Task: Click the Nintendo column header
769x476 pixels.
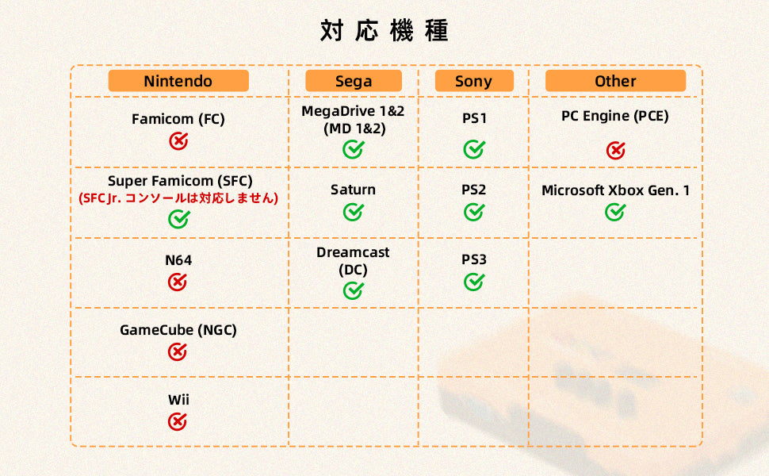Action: (178, 80)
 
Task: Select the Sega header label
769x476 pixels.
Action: (354, 80)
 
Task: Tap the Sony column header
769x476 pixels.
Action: (474, 80)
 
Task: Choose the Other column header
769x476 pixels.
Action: (615, 80)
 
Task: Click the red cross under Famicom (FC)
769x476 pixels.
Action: (178, 141)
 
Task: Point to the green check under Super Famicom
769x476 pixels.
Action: (179, 219)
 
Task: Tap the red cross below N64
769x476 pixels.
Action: (178, 282)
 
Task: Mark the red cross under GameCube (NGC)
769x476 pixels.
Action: (178, 351)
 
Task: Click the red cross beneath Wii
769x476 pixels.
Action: (178, 421)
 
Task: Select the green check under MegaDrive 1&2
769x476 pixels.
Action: (353, 149)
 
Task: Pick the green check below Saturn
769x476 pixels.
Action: (353, 212)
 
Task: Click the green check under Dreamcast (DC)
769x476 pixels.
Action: (353, 290)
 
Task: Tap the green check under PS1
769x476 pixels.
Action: (474, 149)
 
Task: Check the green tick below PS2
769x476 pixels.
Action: (474, 212)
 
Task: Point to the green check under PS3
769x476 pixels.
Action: (474, 282)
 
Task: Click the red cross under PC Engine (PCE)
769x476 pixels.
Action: (615, 150)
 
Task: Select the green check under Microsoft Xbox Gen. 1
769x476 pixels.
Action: (615, 212)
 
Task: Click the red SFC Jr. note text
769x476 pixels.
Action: (178, 198)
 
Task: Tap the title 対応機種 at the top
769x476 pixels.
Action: (384, 30)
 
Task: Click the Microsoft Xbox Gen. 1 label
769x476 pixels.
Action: (615, 190)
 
